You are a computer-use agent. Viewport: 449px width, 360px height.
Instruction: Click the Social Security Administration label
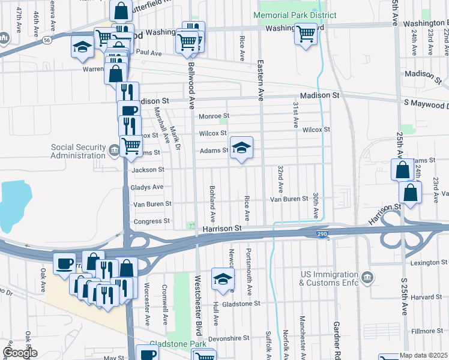click(77, 151)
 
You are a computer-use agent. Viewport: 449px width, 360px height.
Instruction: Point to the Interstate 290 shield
click(322, 234)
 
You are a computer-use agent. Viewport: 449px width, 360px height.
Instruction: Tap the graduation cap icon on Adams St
click(241, 148)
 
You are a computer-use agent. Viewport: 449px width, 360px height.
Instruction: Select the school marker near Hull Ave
click(222, 279)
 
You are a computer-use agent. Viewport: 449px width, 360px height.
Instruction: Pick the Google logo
click(20, 353)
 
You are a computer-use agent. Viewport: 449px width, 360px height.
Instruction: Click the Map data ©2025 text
click(424, 355)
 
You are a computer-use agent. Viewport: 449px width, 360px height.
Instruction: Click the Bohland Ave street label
click(212, 202)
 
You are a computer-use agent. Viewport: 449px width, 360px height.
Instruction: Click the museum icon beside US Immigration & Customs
click(368, 277)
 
